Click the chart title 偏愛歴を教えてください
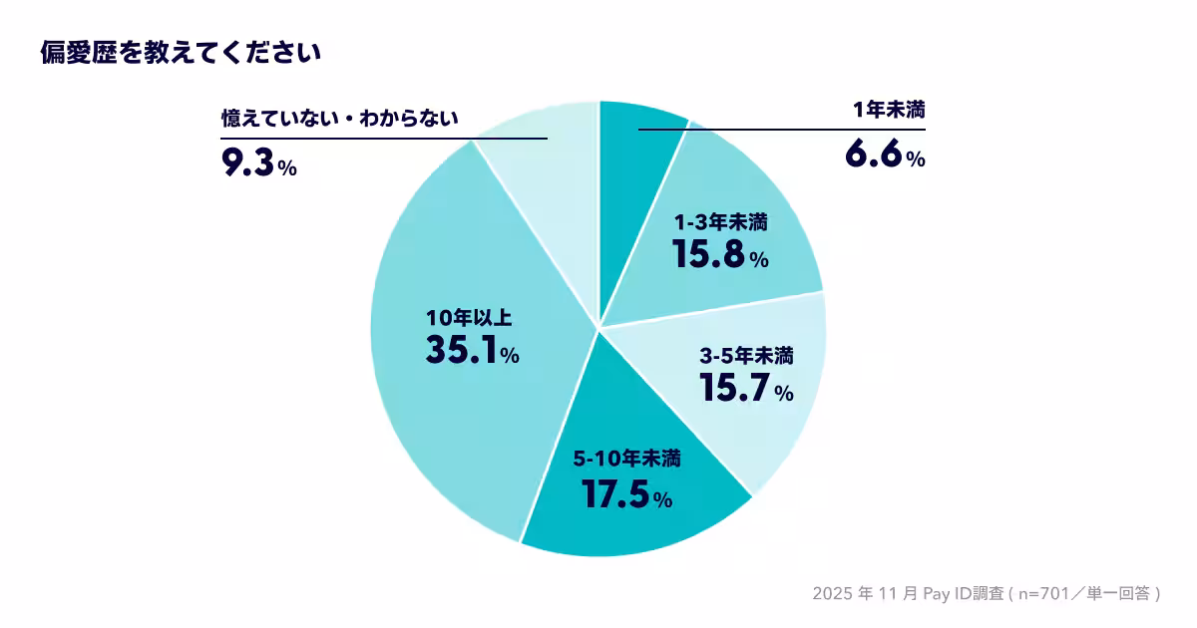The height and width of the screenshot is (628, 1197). [x=180, y=53]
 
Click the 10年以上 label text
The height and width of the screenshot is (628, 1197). [x=468, y=318]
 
